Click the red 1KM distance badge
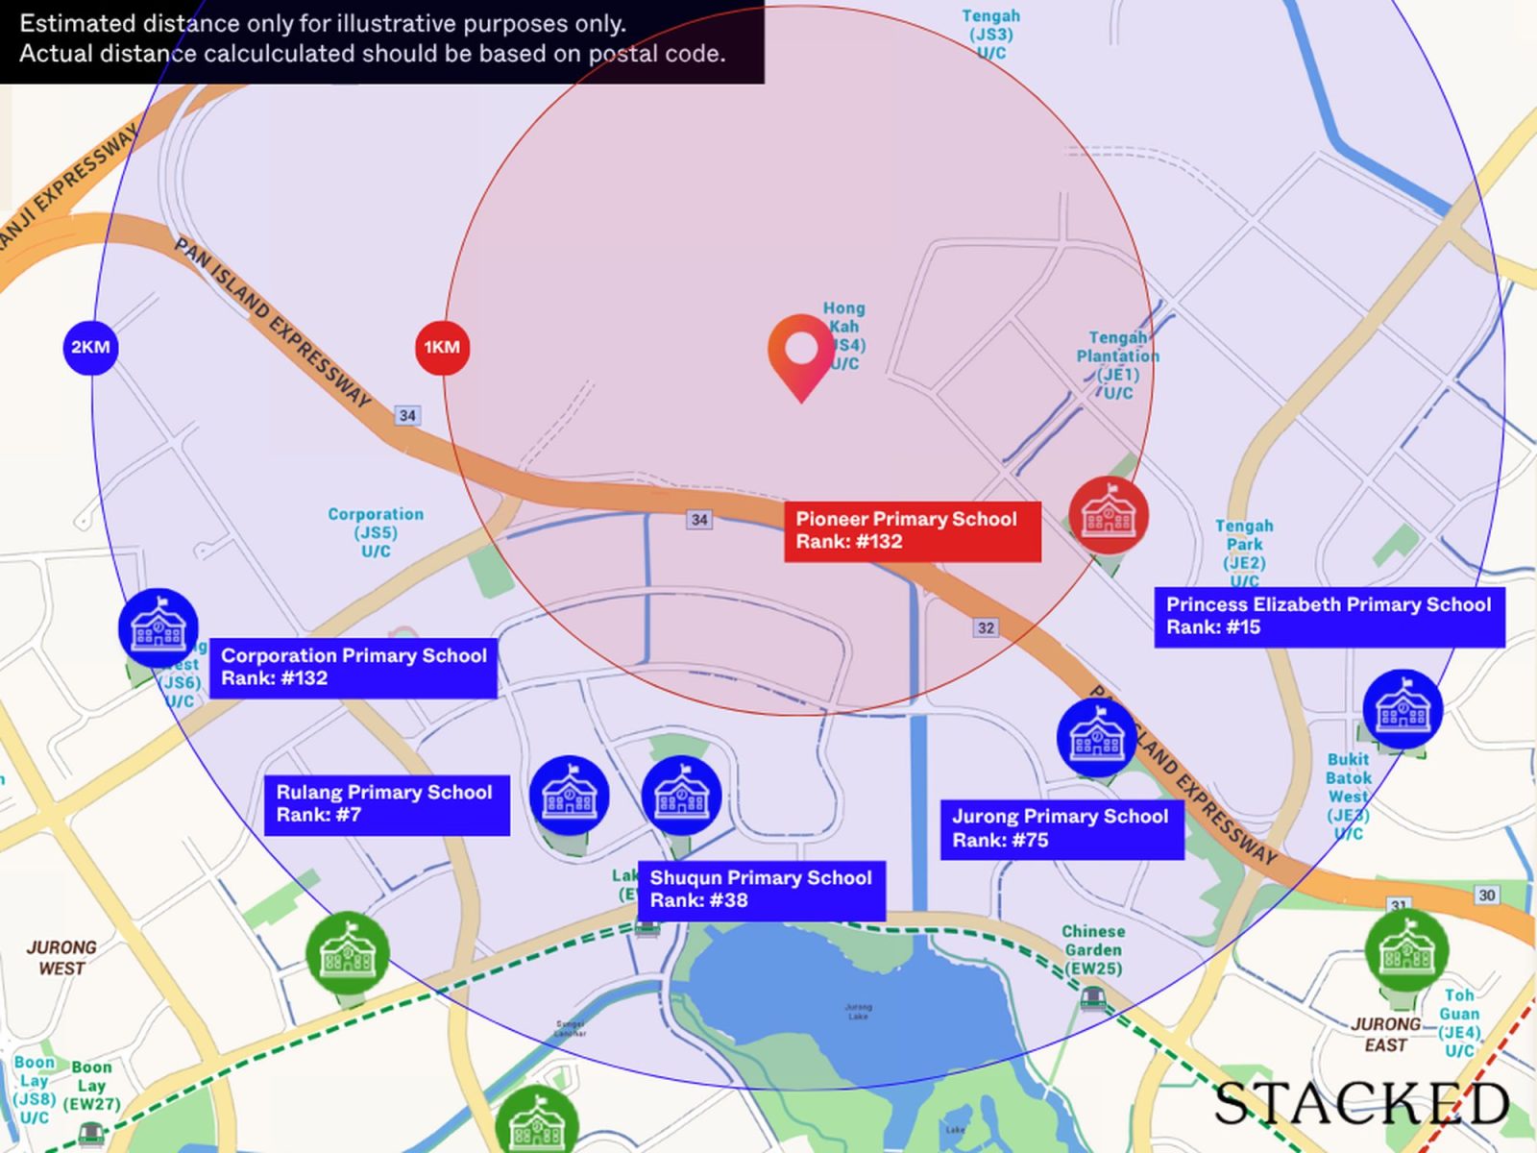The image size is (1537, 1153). [x=442, y=348]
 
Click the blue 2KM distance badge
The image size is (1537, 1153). [x=90, y=348]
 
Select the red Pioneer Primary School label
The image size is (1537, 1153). [x=912, y=530]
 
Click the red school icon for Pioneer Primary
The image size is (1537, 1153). [x=1109, y=516]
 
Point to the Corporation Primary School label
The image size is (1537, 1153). [x=354, y=667]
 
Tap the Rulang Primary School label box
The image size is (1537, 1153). [x=386, y=804]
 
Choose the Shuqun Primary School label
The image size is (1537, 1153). [x=761, y=890]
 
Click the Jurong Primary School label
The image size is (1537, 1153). [x=1061, y=828]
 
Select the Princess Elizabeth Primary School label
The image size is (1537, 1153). [x=1329, y=616]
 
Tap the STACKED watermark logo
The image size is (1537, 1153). [x=1361, y=1103]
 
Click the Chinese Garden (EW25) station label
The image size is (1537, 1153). [x=1093, y=950]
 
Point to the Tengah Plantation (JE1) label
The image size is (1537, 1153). [x=1117, y=365]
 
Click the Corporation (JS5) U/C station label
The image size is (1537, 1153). [x=376, y=532]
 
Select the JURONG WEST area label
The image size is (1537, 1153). [x=61, y=958]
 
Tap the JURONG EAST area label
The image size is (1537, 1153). [x=1385, y=1035]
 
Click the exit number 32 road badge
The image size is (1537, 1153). [x=986, y=627]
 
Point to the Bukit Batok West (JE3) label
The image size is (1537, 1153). [x=1348, y=797]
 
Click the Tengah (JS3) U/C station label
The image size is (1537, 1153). [x=991, y=35]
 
